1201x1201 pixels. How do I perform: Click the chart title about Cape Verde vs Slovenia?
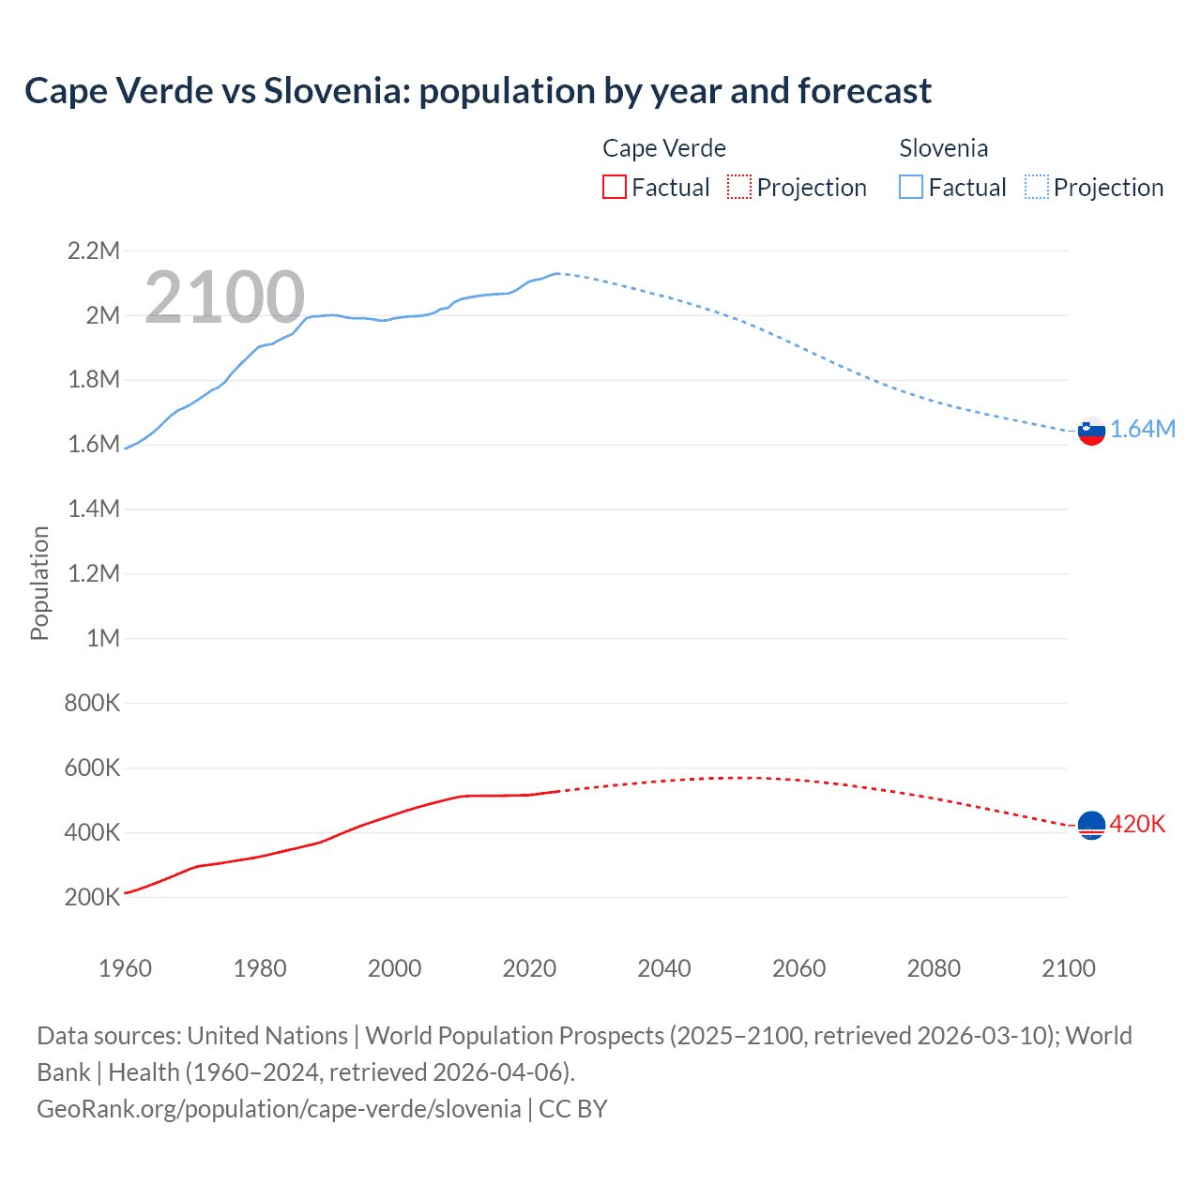pyautogui.click(x=478, y=91)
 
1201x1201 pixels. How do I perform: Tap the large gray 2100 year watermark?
pyautogui.click(x=224, y=297)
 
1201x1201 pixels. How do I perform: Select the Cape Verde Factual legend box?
pyautogui.click(x=614, y=188)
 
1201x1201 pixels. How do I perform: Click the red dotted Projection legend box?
pyautogui.click(x=739, y=188)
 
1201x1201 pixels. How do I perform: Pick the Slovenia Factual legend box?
pyautogui.click(x=910, y=188)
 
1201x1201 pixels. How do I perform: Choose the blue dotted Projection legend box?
pyautogui.click(x=1036, y=188)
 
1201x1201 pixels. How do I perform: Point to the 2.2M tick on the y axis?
pyautogui.click(x=93, y=251)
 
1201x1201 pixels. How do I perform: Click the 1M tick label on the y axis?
pyautogui.click(x=103, y=638)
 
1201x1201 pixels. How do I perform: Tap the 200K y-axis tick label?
pyautogui.click(x=92, y=897)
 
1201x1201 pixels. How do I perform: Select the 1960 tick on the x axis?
pyautogui.click(x=125, y=968)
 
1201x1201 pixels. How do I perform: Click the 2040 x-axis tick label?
pyautogui.click(x=664, y=968)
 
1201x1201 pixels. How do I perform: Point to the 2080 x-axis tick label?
pyautogui.click(x=934, y=968)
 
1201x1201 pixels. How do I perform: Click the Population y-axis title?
pyautogui.click(x=39, y=583)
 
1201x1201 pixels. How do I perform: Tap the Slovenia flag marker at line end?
pyautogui.click(x=1091, y=431)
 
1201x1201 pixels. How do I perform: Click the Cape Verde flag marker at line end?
pyautogui.click(x=1091, y=825)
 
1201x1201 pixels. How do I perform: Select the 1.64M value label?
pyautogui.click(x=1142, y=430)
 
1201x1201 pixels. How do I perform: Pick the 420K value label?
pyautogui.click(x=1137, y=824)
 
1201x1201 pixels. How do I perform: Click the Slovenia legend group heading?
pyautogui.click(x=943, y=148)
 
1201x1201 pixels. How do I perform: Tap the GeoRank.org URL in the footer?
pyautogui.click(x=279, y=1109)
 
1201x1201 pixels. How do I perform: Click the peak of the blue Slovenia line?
pyautogui.click(x=557, y=273)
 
